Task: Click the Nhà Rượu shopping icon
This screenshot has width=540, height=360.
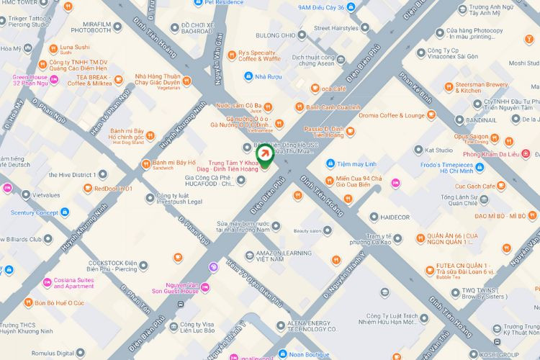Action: (248, 76)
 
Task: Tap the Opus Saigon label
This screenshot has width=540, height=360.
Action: (472, 136)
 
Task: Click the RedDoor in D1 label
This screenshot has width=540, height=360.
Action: (113, 189)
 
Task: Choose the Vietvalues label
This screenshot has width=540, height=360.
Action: (45, 195)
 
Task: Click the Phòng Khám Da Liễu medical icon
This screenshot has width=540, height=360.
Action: (525, 153)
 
